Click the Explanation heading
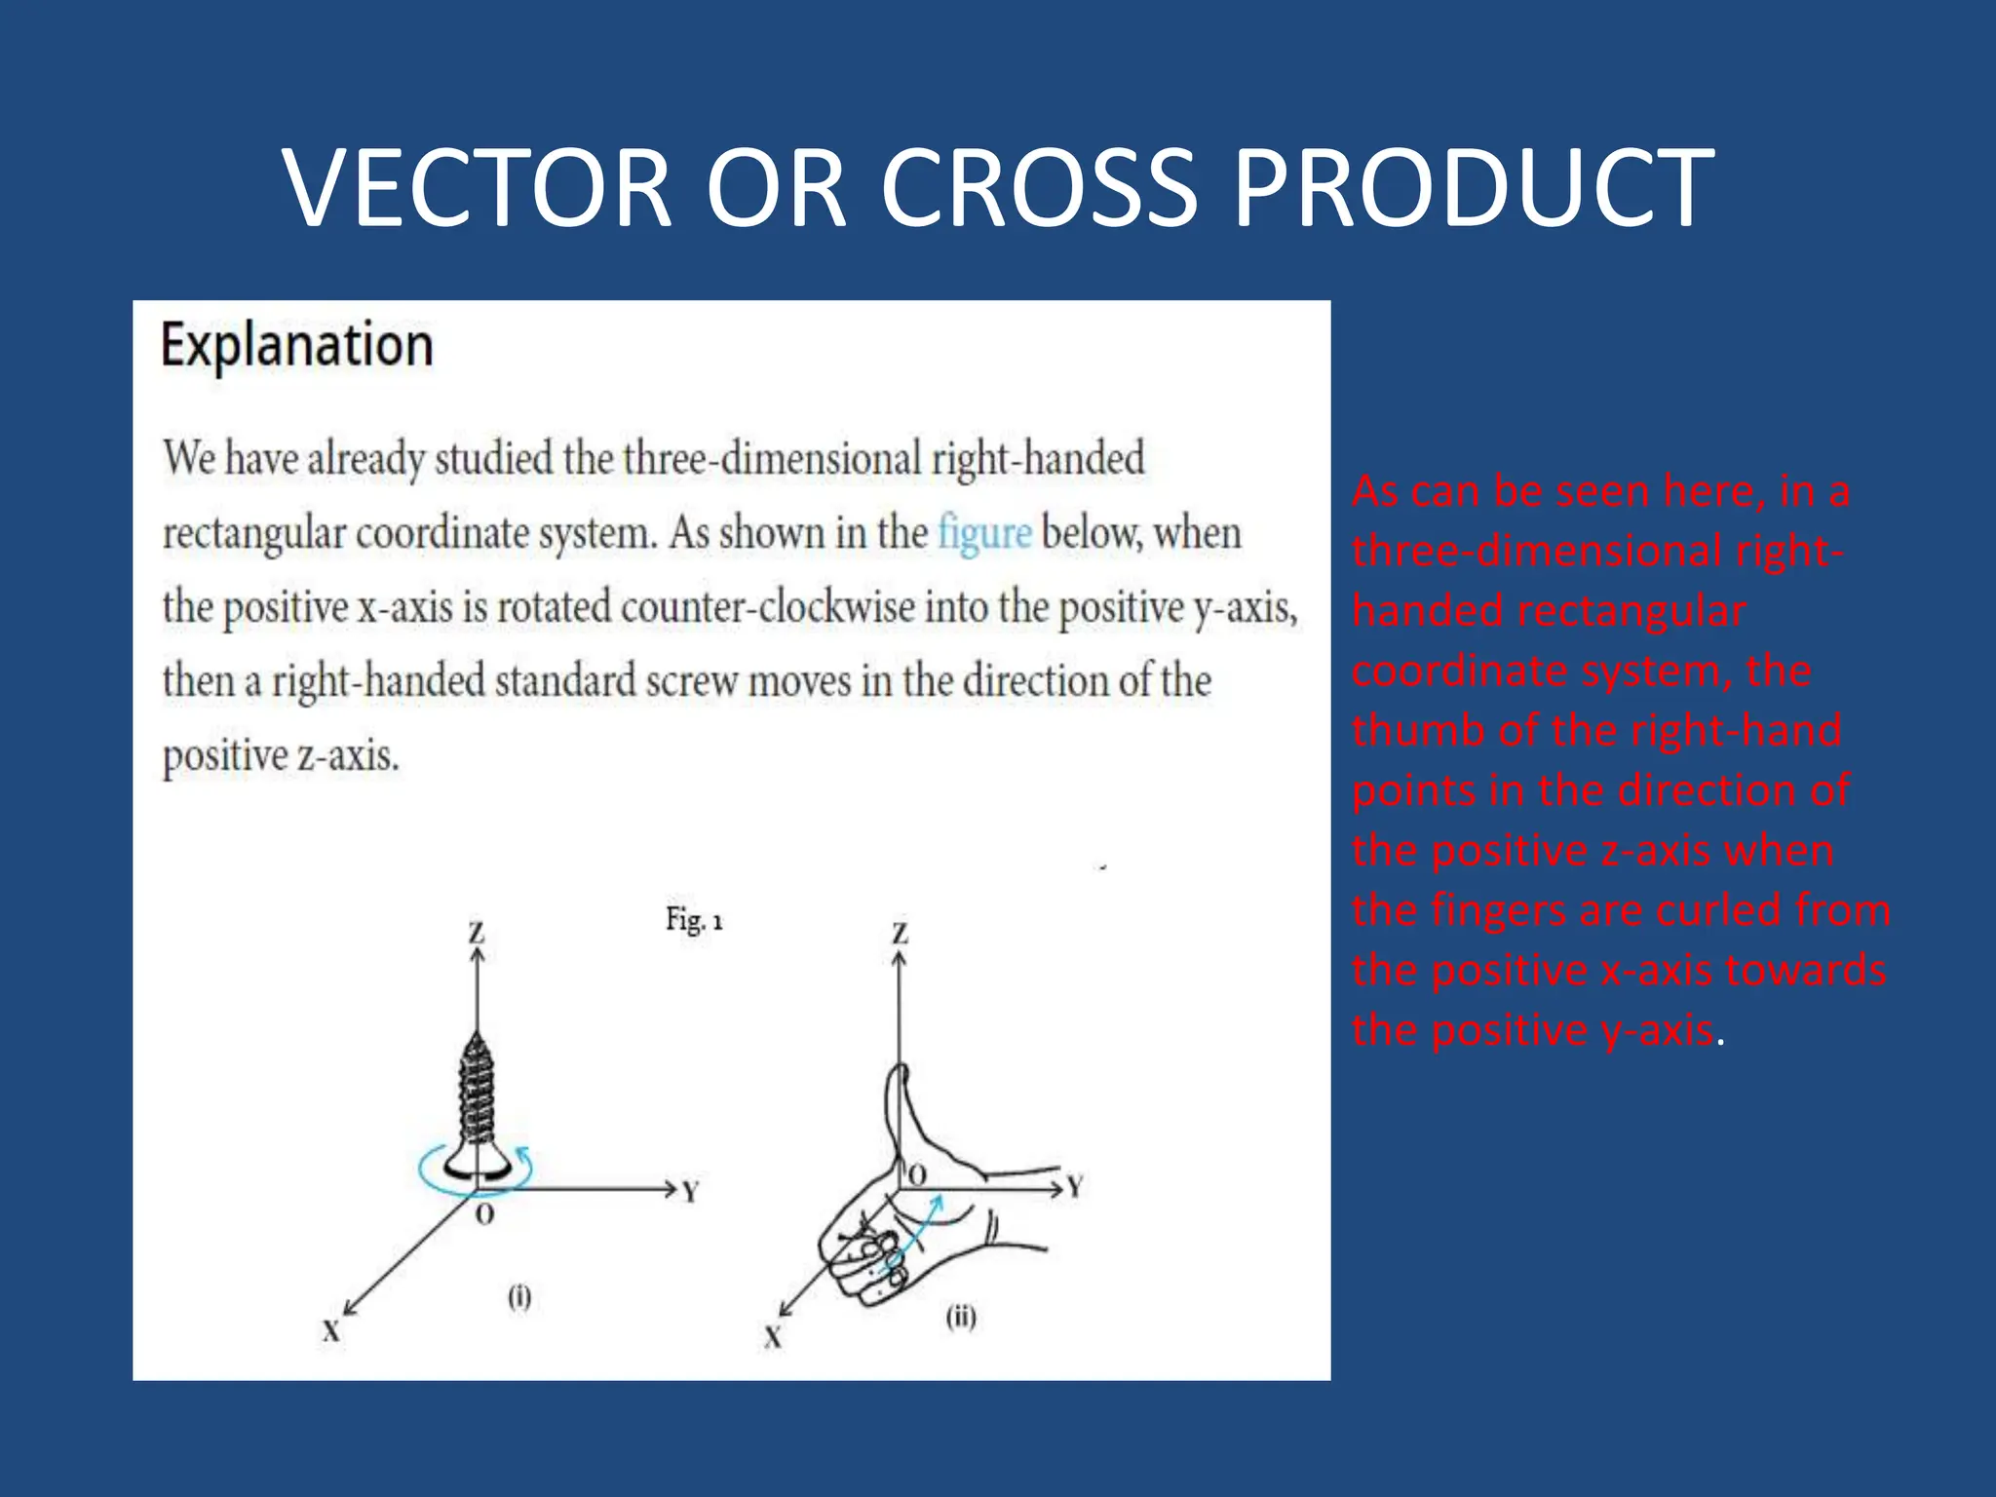click(297, 345)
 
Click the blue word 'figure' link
click(984, 533)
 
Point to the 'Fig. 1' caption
click(694, 919)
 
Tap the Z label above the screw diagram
click(477, 933)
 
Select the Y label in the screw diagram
click(690, 1192)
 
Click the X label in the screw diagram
click(331, 1331)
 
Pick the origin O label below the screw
click(484, 1215)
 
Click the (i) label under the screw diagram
click(519, 1297)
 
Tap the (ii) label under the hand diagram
click(961, 1318)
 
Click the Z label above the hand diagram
click(901, 933)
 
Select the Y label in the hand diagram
click(1075, 1186)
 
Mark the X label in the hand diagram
click(773, 1337)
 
